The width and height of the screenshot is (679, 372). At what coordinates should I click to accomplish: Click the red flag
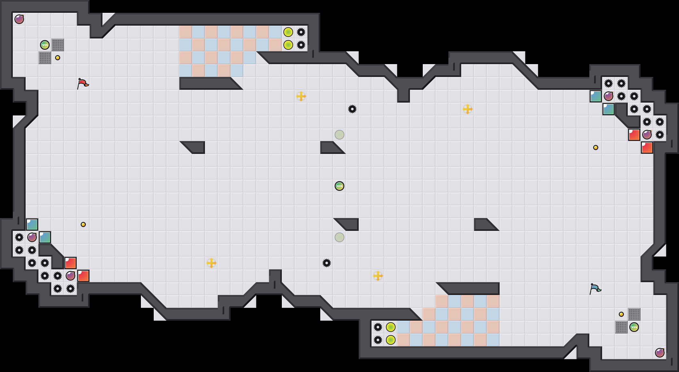83,83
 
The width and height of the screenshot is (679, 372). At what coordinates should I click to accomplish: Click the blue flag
595,289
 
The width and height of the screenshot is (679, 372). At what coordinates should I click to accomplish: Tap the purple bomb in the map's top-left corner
19,19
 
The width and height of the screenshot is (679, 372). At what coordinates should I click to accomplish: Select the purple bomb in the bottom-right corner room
659,353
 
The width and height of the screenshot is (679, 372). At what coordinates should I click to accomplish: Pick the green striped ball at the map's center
339,186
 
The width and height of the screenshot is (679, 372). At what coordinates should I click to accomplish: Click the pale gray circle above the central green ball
339,135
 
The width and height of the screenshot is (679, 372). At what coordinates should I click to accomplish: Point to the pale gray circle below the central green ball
339,237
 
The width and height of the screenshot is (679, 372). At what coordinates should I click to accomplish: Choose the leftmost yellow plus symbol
211,263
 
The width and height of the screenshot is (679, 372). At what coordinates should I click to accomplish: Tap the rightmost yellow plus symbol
468,109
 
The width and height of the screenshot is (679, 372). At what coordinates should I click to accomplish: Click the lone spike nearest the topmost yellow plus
352,109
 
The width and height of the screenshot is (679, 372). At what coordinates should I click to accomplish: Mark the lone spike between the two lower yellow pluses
327,263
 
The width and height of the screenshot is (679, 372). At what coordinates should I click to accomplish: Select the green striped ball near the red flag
45,45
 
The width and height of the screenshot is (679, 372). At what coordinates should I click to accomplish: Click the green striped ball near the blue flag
634,327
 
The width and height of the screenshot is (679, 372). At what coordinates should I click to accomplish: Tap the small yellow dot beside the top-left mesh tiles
58,58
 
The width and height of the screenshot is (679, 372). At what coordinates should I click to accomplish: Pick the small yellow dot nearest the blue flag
621,314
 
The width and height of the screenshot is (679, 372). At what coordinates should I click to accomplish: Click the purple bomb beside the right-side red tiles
647,135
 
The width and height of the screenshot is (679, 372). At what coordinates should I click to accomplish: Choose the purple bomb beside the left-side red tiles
70,275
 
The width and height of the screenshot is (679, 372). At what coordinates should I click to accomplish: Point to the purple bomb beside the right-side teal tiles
609,96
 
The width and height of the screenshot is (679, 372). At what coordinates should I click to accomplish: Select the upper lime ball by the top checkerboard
288,32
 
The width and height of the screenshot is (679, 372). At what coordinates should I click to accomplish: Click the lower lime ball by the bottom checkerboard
391,340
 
